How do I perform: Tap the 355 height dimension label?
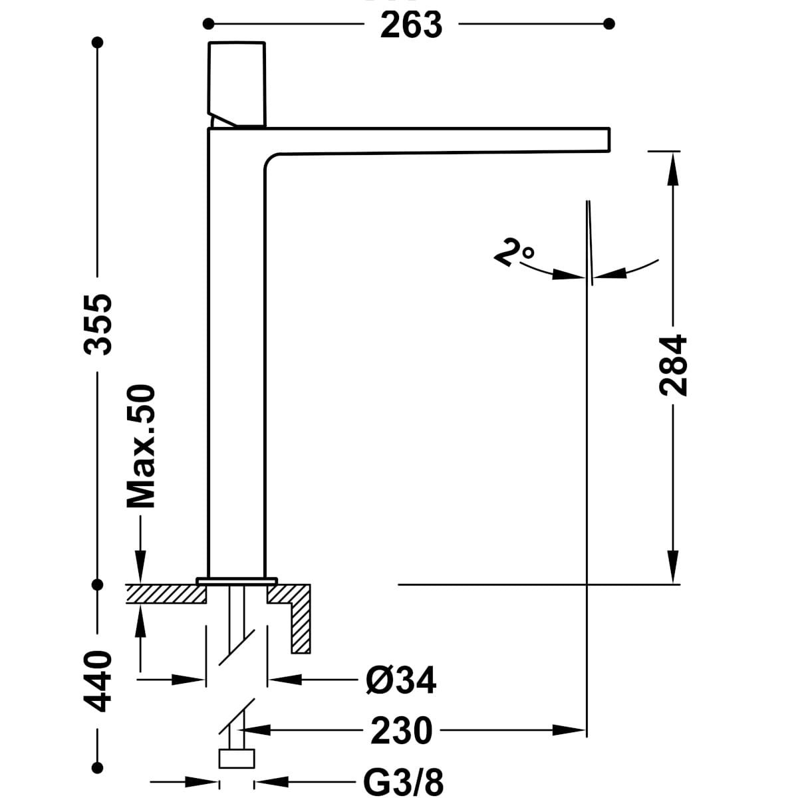(98, 325)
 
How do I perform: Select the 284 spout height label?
(672, 365)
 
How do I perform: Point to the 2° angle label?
(514, 253)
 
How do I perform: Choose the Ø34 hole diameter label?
(401, 680)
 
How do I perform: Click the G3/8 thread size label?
(404, 781)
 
